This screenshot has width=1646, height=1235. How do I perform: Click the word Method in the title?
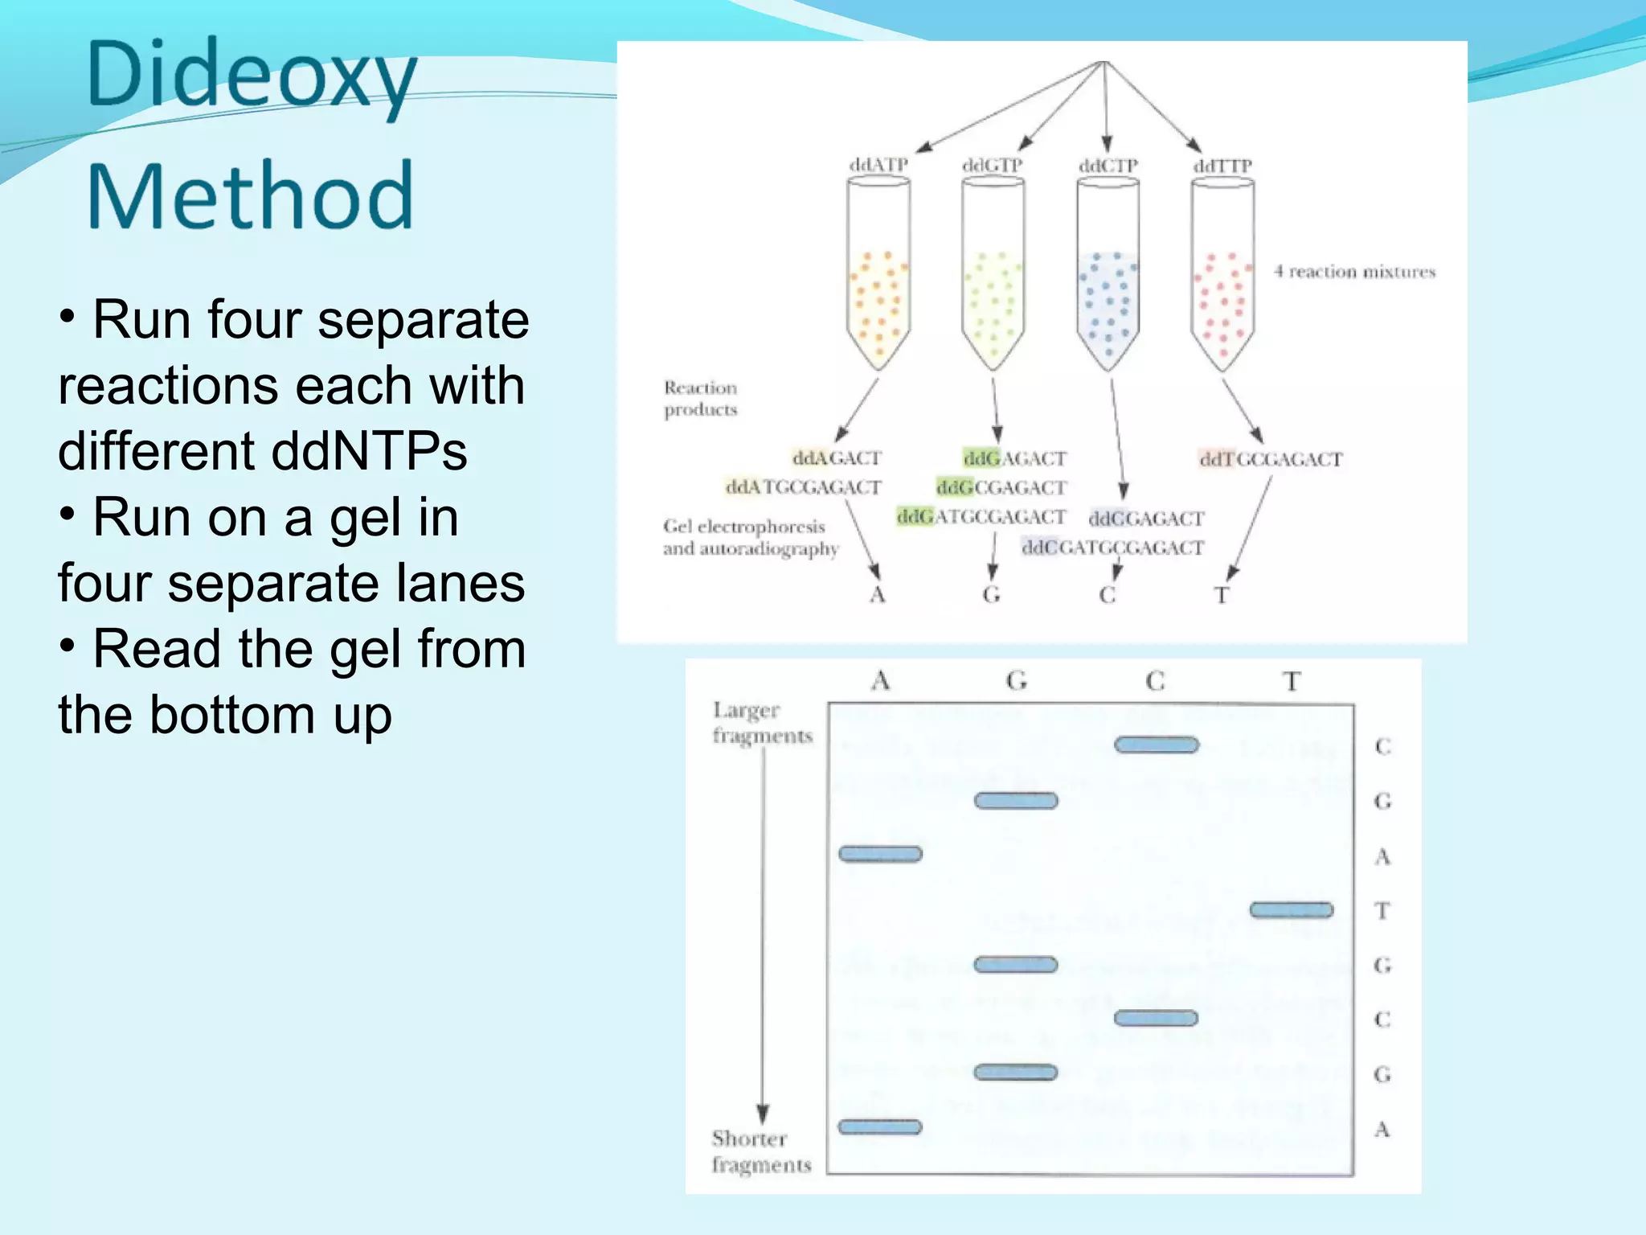250,195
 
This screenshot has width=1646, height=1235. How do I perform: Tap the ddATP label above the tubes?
878,165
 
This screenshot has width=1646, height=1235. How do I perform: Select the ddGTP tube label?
993,165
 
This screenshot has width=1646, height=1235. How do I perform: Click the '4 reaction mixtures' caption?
1354,272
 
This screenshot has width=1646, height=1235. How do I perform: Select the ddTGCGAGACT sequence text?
1271,459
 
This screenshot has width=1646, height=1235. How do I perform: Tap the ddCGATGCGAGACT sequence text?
1112,548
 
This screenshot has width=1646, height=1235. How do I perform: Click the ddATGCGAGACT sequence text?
803,487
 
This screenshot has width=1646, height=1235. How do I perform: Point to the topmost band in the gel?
1156,745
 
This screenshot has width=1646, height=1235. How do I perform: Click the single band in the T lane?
1291,910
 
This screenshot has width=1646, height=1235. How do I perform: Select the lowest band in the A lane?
880,1127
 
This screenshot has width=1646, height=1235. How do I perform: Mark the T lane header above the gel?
1292,682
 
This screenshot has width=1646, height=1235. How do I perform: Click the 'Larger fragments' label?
762,723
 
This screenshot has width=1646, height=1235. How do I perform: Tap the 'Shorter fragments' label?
760,1151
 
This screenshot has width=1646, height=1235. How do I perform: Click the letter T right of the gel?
1382,911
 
